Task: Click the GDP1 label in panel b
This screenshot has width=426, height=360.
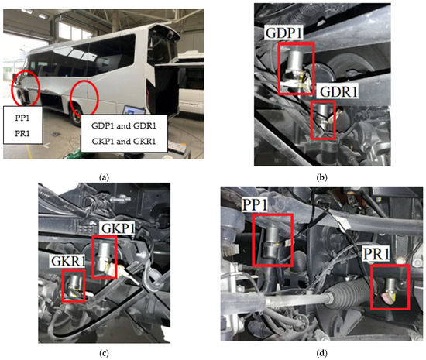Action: coord(284,33)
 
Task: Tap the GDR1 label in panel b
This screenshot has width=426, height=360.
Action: coord(338,92)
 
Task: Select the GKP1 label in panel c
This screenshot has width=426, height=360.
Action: coord(118,228)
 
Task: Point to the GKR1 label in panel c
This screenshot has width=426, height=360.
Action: coord(68,261)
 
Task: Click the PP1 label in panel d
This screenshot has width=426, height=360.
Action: coord(255,205)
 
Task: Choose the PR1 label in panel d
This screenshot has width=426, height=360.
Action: coord(376,255)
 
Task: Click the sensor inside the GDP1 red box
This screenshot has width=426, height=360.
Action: coord(295,68)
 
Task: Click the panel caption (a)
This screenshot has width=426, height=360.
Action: coord(105,177)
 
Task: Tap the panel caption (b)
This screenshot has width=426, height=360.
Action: coord(322,177)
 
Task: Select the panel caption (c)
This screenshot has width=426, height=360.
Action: coord(105,354)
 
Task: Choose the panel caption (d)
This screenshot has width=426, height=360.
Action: coord(322,354)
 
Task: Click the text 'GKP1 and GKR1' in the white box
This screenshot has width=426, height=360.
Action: coord(124,142)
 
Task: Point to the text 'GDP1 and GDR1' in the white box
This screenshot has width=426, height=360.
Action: coord(124,126)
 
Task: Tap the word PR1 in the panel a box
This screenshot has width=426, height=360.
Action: coord(22,134)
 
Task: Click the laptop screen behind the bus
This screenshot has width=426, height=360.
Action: coord(134,111)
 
